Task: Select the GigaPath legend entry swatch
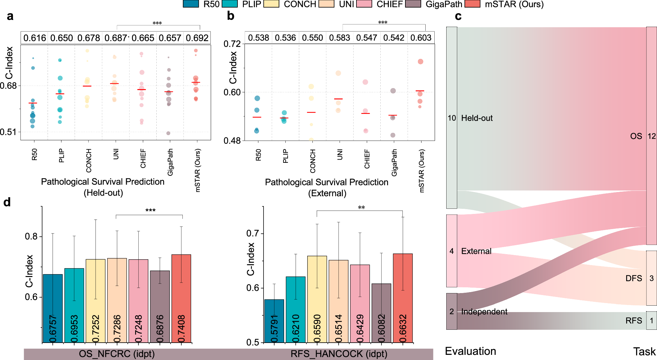point(413,4)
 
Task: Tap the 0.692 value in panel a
point(197,38)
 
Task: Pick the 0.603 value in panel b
point(421,38)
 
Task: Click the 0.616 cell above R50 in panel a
point(34,38)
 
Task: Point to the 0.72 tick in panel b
point(232,44)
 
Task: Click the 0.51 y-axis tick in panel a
point(8,132)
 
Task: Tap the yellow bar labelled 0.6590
point(317,299)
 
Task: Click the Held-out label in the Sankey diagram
point(477,118)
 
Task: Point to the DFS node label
point(634,278)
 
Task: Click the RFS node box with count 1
point(652,320)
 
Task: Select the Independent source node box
point(451,311)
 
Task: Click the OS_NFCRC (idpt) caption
point(117,354)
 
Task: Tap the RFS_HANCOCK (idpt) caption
point(339,354)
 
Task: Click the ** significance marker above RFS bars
point(361,208)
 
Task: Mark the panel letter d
point(7,202)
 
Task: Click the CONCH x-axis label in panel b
point(313,161)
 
